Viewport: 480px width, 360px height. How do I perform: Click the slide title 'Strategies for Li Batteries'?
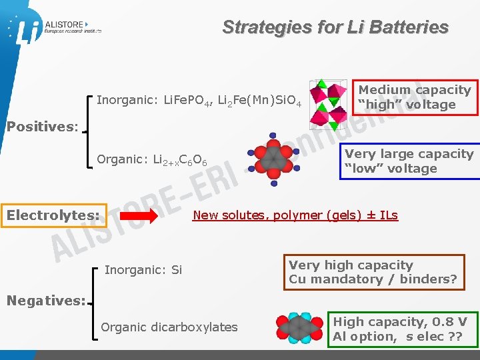click(335, 27)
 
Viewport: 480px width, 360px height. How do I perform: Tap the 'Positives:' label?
click(42, 126)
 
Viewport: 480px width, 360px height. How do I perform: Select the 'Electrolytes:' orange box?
click(53, 215)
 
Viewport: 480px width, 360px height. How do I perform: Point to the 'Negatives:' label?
click(45, 301)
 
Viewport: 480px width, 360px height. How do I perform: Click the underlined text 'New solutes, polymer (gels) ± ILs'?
click(295, 215)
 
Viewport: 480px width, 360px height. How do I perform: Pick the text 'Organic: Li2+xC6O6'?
click(152, 161)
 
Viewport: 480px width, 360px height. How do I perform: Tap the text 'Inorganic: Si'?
click(143, 270)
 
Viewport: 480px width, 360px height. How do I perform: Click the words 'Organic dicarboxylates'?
click(169, 327)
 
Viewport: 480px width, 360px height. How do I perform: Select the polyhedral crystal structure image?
click(328, 103)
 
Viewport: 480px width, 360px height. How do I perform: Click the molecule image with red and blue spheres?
click(273, 157)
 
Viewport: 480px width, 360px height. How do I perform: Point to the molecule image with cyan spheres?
click(301, 328)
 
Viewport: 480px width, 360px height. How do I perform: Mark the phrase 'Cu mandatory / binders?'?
click(373, 279)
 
